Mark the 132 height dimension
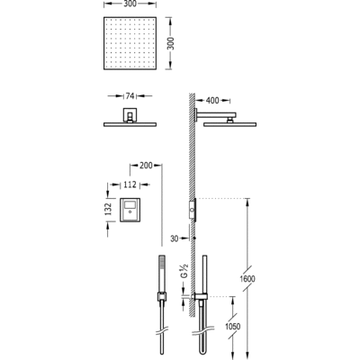[106, 208]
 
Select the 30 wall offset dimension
[175, 239]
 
